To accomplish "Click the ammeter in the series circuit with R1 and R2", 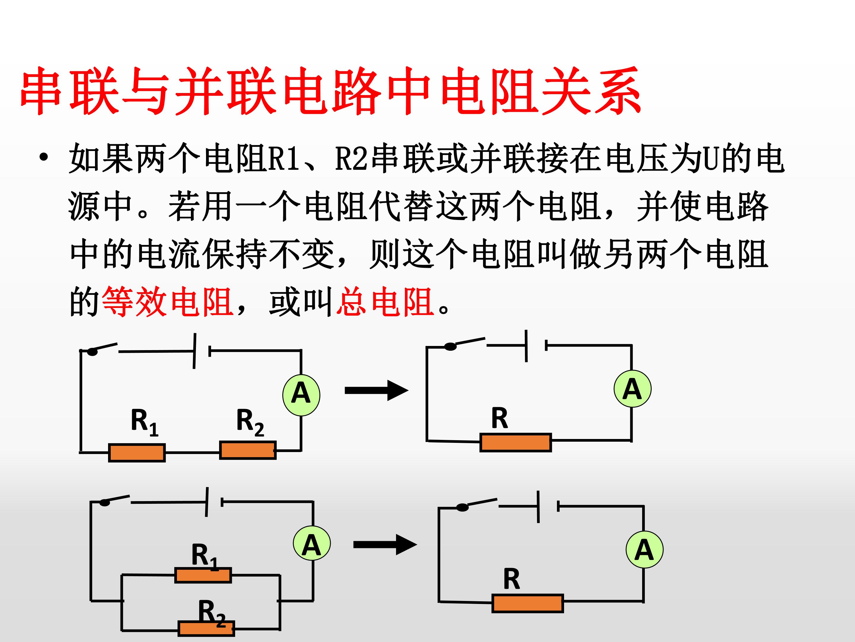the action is (x=301, y=395).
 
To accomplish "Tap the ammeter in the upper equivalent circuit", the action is (x=632, y=388).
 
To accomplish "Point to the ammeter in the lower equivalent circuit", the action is (x=644, y=550).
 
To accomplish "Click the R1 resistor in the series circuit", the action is (x=137, y=453).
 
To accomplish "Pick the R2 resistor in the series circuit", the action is (x=248, y=450).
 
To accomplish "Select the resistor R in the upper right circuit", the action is (x=516, y=443).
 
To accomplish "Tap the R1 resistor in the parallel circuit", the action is (x=203, y=575).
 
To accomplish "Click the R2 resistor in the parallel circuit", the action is (x=206, y=628).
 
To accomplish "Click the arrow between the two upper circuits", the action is (x=376, y=391).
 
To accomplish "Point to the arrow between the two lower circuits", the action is (x=385, y=545).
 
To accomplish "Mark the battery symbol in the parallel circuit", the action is (x=214, y=502).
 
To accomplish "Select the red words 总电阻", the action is (x=384, y=302).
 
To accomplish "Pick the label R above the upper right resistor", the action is (x=499, y=418).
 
